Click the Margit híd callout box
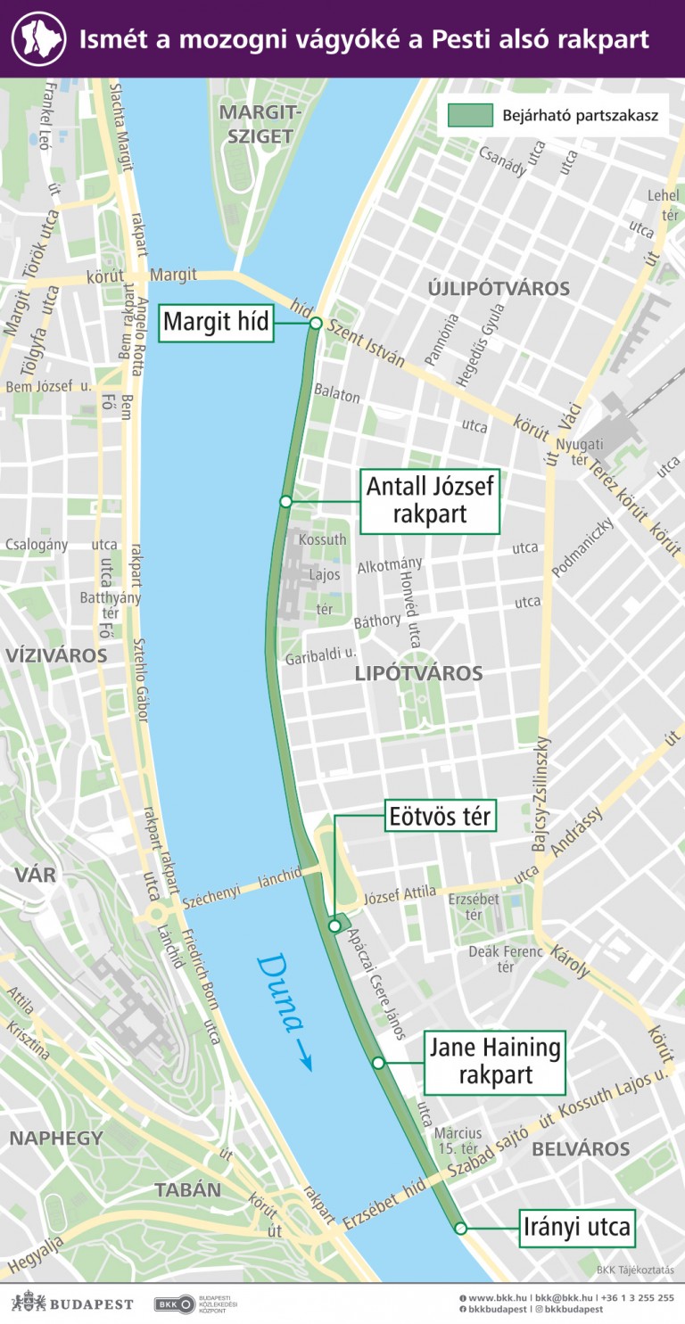pos(217,323)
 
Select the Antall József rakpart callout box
pos(430,501)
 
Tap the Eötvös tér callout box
pos(440,816)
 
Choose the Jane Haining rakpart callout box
pos(495,1062)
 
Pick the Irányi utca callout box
pos(577,1228)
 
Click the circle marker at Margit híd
pos(315,324)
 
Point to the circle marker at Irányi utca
pos(460,1229)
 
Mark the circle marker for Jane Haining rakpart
pos(378,1063)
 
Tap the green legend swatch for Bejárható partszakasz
pos(470,115)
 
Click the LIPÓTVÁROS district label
pos(418,673)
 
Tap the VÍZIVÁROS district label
pos(56,655)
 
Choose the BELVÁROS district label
pos(581,1149)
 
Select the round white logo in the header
pos(38,39)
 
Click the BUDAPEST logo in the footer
pos(72,1303)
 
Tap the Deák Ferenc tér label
pos(506,958)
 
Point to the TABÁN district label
pos(187,1189)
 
